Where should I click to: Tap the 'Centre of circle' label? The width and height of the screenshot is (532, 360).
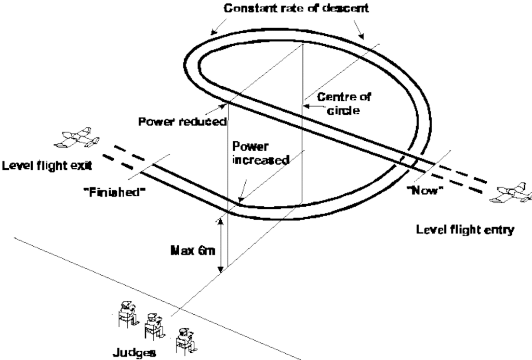point(337,103)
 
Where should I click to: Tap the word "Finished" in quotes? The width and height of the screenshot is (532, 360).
point(114,192)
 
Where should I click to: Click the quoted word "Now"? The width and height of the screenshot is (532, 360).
point(425,190)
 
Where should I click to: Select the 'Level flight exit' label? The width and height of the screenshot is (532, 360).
point(47,166)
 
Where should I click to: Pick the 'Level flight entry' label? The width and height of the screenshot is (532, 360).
point(465,229)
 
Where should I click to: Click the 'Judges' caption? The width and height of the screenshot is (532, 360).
point(134,353)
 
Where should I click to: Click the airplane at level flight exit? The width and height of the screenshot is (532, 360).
point(77,138)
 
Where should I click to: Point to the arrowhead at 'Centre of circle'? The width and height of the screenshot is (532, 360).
point(306,106)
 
